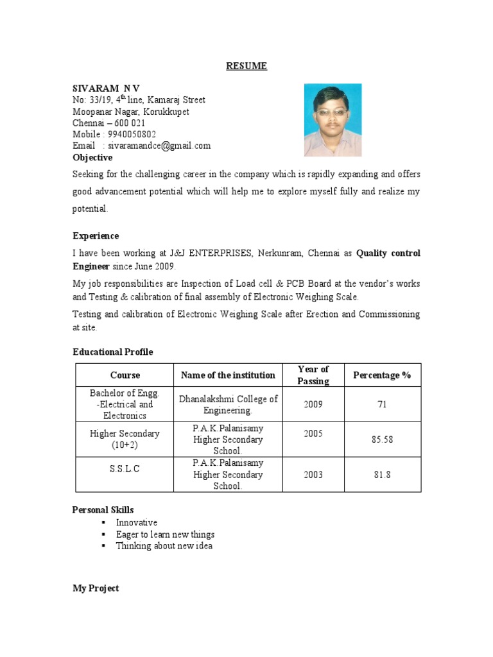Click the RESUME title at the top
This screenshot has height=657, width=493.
[x=246, y=66]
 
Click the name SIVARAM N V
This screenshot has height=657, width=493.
[x=106, y=87]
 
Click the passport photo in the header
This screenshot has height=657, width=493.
[x=333, y=120]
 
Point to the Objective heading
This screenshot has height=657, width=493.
[x=92, y=157]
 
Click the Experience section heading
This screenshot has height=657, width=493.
[x=95, y=236]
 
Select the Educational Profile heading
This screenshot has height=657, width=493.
[x=112, y=352]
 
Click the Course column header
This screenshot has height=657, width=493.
[x=125, y=375]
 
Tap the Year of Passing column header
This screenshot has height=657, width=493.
[x=313, y=375]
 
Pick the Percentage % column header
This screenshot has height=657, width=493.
[x=382, y=375]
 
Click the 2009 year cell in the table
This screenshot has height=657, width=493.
[x=313, y=405]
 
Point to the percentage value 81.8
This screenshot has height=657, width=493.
[x=382, y=475]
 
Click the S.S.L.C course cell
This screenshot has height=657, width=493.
[x=125, y=469]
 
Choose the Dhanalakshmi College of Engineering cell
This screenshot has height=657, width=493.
[x=228, y=405]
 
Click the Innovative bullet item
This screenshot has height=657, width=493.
[x=136, y=522]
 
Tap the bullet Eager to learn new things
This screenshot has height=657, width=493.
[x=165, y=534]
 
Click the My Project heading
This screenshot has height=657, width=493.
[x=95, y=588]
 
